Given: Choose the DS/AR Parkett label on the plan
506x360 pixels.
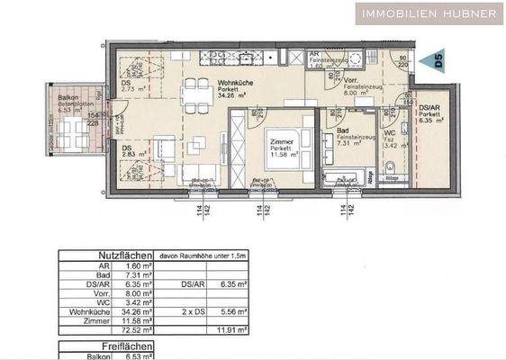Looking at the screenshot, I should tap(430, 112).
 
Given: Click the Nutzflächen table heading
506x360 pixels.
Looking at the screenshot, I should tap(122, 255).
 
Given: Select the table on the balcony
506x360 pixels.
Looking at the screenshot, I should tap(68, 135).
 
